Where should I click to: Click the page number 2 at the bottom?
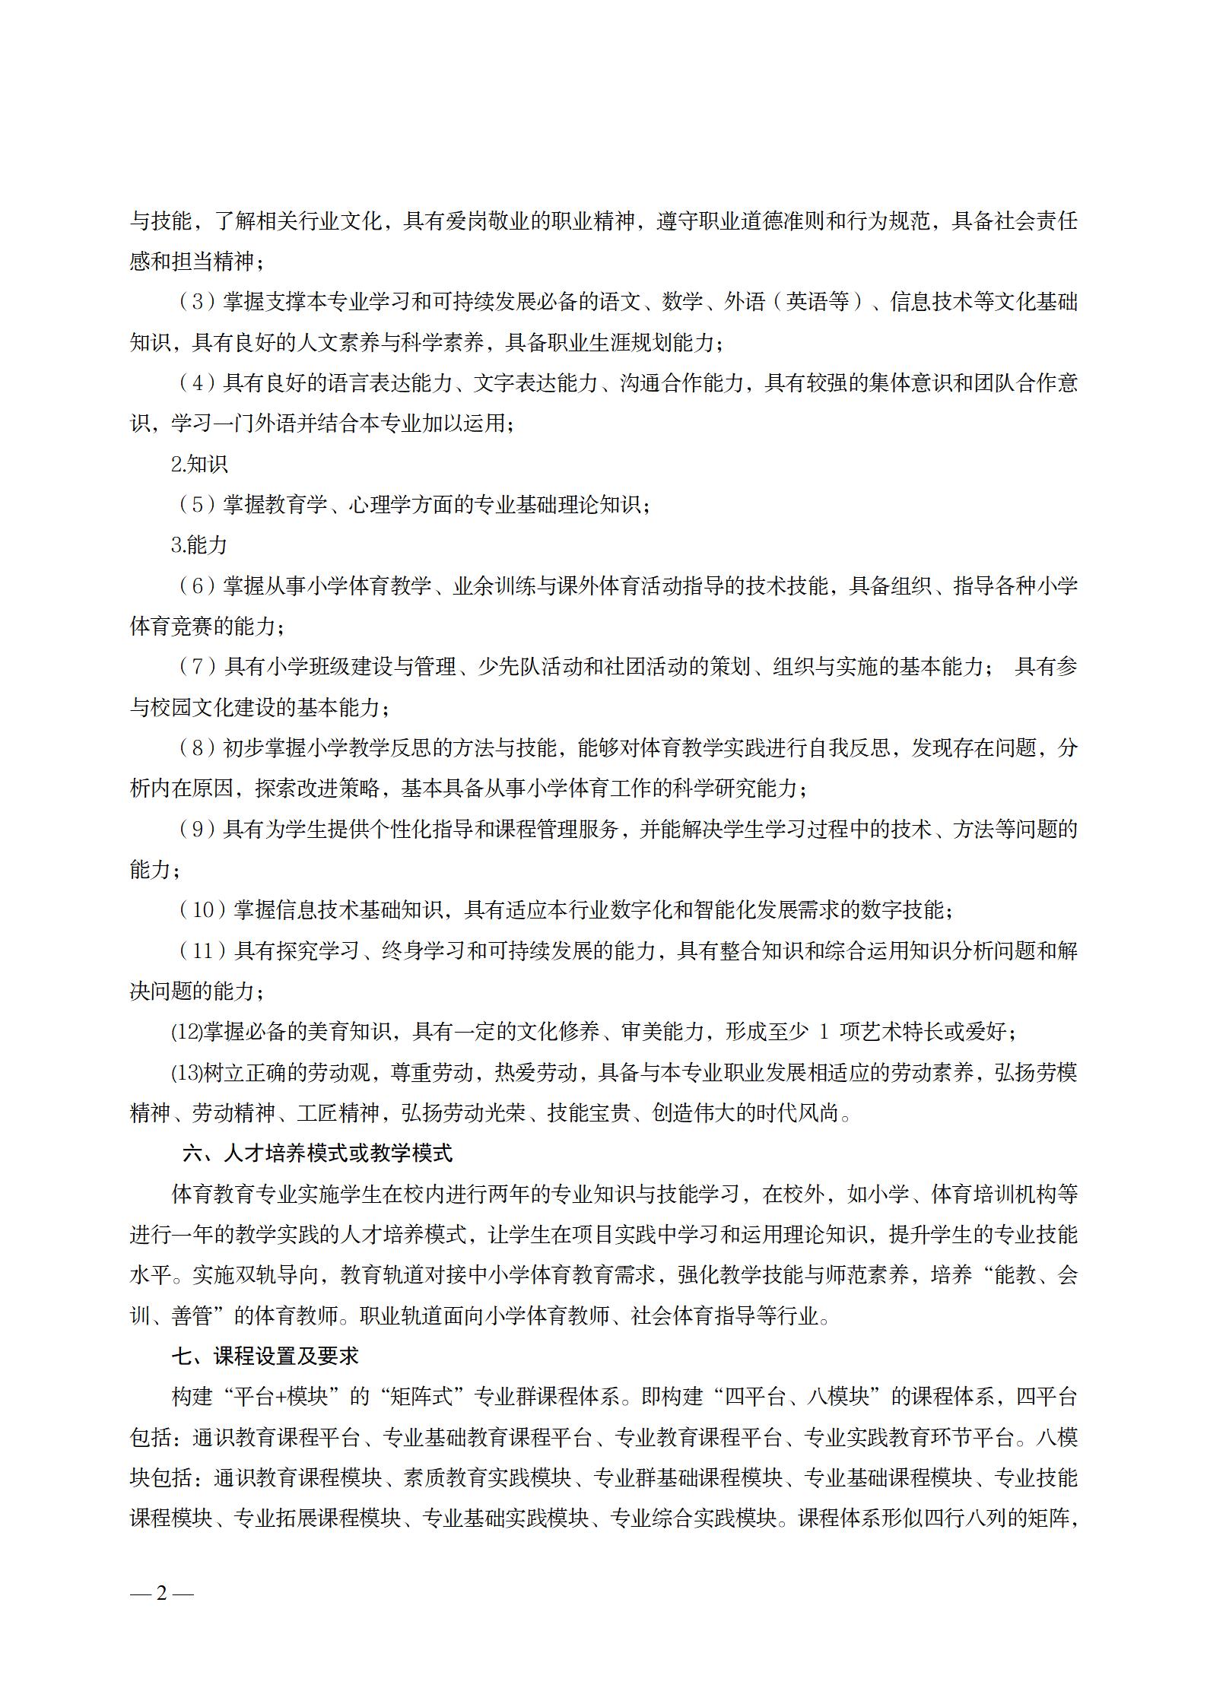click(x=161, y=1572)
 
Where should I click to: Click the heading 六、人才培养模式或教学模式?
click(x=318, y=1153)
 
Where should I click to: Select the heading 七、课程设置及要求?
click(x=265, y=1356)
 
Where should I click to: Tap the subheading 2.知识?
click(x=199, y=465)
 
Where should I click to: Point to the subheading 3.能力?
click(x=199, y=545)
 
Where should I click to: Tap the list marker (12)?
click(x=186, y=1032)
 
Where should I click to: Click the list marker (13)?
click(x=186, y=1073)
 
